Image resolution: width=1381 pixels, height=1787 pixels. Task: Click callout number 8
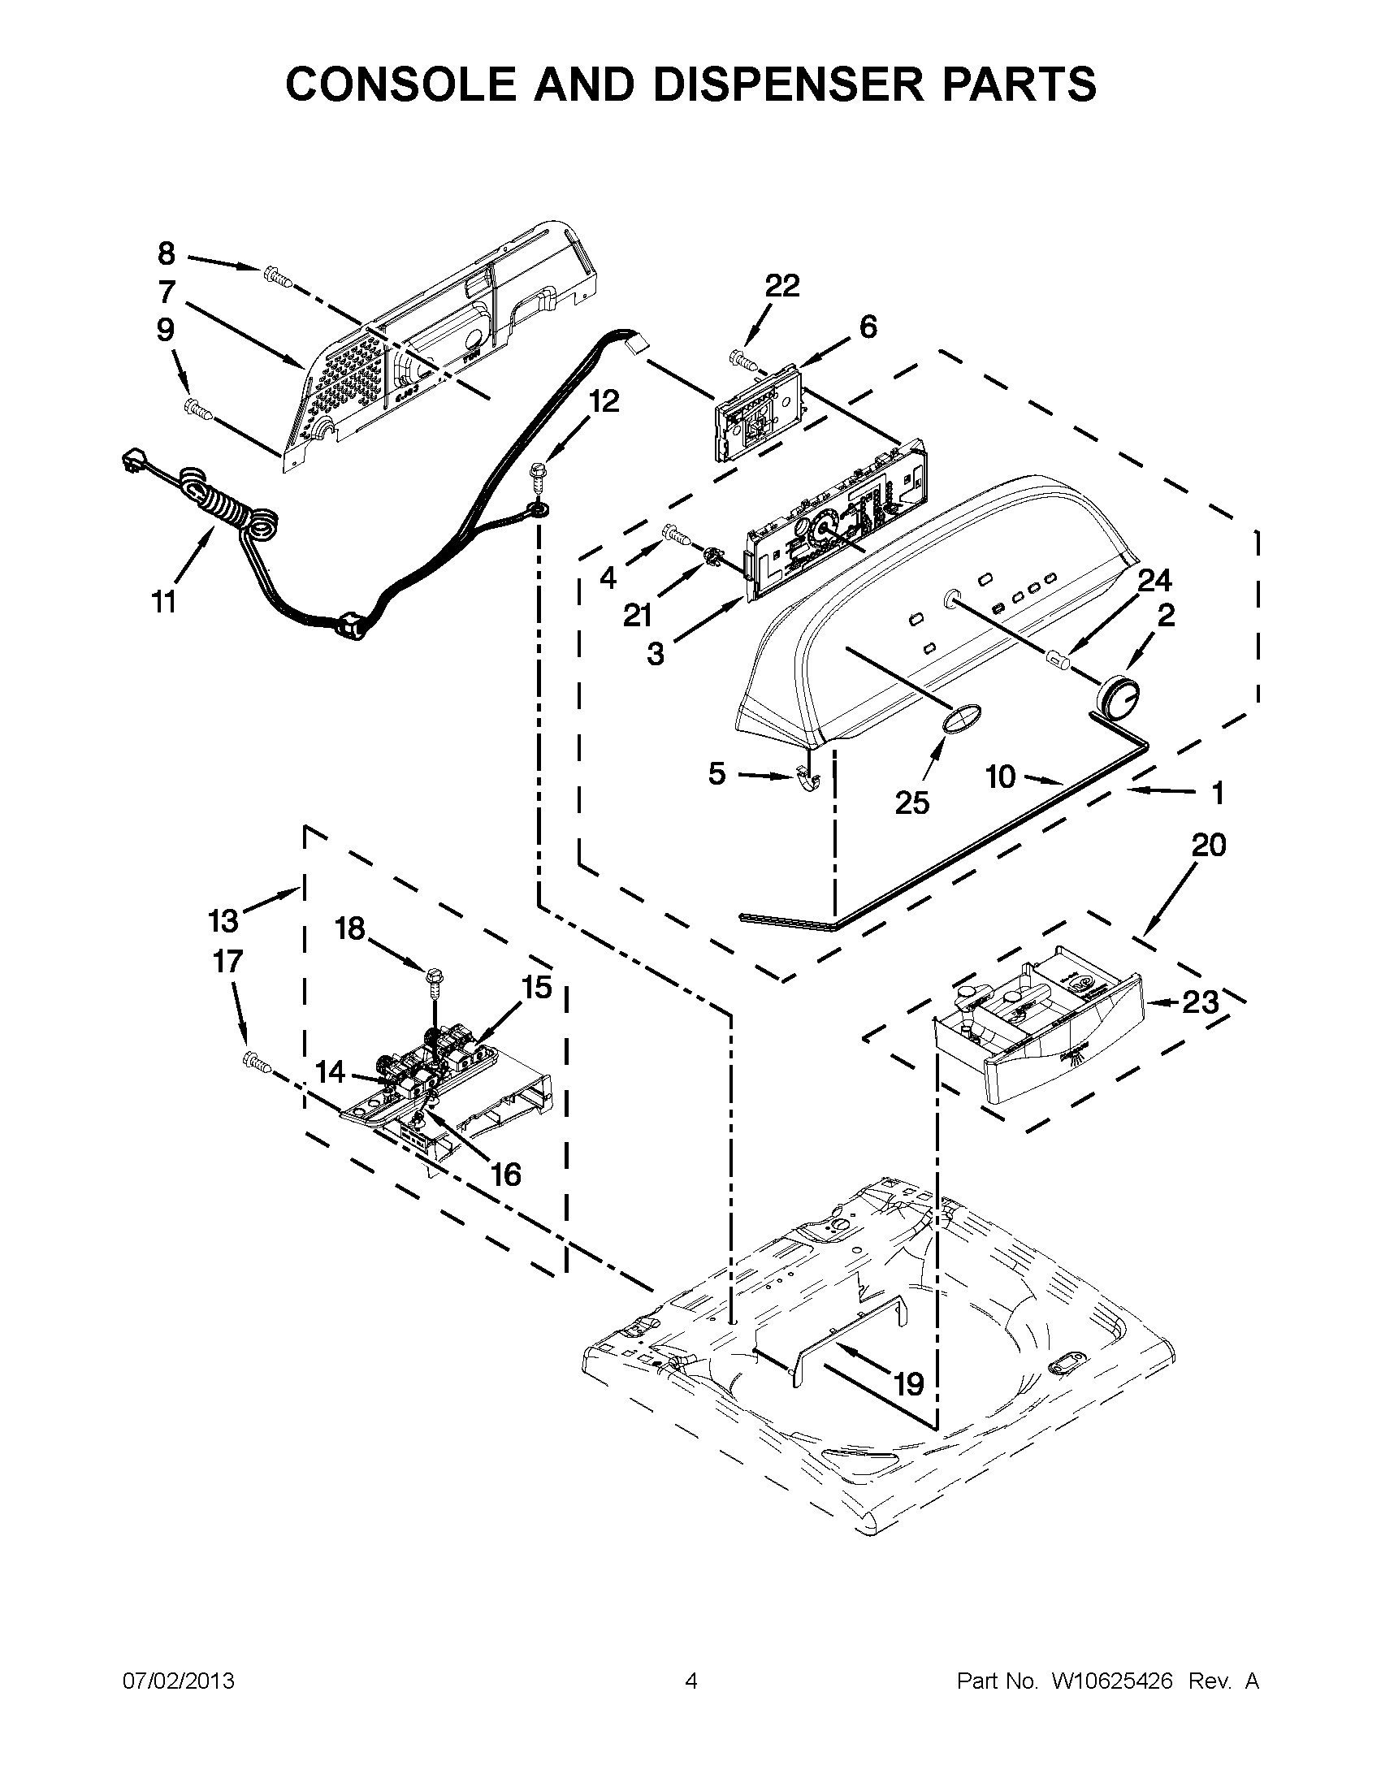pyautogui.click(x=166, y=253)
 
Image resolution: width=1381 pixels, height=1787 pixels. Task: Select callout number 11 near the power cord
pyautogui.click(x=163, y=603)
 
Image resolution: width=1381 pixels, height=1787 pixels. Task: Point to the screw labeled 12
pyautogui.click(x=538, y=474)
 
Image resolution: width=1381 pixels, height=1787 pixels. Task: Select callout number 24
pyautogui.click(x=1154, y=580)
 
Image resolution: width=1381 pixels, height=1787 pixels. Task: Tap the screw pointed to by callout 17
pyautogui.click(x=257, y=1063)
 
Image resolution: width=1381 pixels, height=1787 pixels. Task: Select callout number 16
pyautogui.click(x=506, y=1175)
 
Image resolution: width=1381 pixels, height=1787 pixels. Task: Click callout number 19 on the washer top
pyautogui.click(x=908, y=1384)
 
